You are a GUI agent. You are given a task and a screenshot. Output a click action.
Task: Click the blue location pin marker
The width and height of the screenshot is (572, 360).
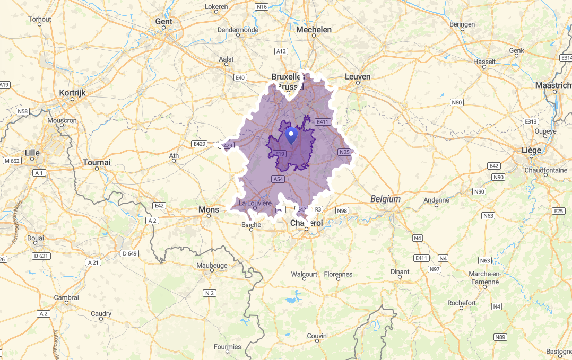(x=291, y=135)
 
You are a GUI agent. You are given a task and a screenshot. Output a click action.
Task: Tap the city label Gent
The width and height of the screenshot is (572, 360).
(x=164, y=22)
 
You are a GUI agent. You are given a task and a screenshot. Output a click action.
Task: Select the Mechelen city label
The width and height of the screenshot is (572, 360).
(x=314, y=30)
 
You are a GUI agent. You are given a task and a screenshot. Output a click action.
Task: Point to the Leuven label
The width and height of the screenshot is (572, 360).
(x=358, y=77)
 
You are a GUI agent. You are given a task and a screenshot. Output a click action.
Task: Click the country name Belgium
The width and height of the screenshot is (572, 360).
(x=385, y=199)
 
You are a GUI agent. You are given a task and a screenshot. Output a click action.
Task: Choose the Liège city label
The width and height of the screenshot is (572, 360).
(x=531, y=150)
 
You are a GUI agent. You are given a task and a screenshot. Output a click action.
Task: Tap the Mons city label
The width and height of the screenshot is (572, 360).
(x=209, y=209)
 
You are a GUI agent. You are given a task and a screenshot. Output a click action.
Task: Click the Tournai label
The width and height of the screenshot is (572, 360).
(x=97, y=162)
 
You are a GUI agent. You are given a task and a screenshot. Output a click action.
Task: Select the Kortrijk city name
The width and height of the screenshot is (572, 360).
(x=73, y=92)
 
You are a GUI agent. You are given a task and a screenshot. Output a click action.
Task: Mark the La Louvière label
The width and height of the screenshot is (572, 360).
(x=255, y=203)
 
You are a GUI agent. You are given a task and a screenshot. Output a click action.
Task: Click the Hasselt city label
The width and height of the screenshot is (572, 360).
(x=484, y=62)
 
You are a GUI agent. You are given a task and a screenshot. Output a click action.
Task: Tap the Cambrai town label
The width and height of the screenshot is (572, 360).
(x=67, y=297)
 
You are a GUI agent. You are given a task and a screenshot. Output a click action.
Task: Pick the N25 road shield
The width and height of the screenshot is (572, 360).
(x=345, y=152)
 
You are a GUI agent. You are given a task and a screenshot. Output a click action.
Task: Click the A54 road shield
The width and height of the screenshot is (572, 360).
(x=279, y=179)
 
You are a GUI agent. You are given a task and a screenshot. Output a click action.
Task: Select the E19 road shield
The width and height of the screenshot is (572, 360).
(x=280, y=154)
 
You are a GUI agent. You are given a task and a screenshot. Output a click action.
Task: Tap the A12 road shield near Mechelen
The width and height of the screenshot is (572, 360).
(x=281, y=51)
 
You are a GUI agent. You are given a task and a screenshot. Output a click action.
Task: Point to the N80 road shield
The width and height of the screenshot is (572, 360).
(x=456, y=102)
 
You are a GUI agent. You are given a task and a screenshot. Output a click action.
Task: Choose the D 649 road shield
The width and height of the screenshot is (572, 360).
(x=129, y=253)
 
